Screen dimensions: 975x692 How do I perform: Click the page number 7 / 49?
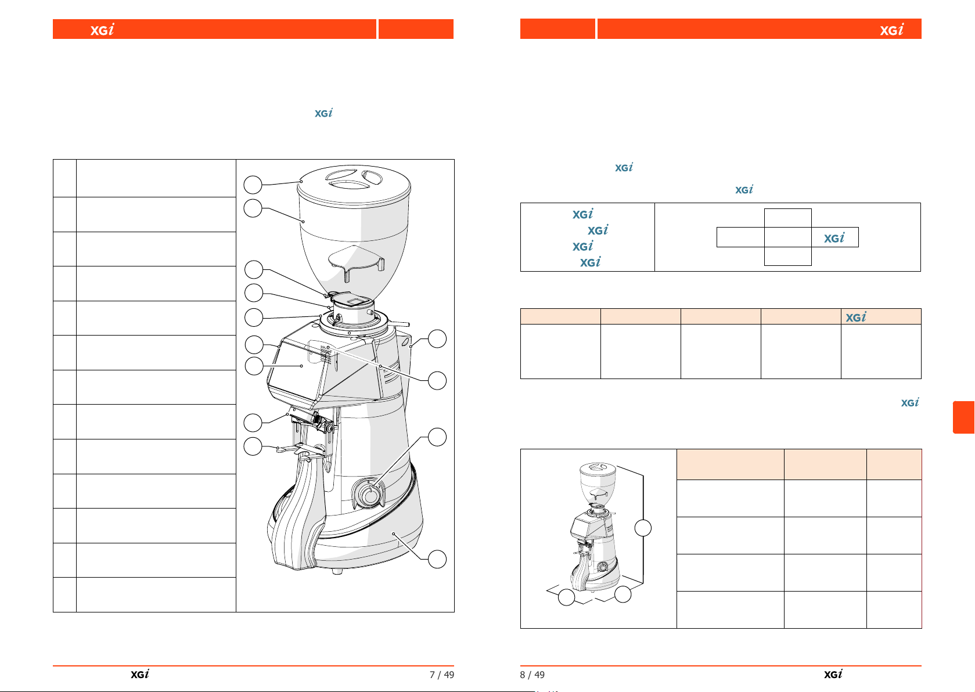click(441, 675)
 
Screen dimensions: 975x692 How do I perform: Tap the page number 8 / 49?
click(532, 675)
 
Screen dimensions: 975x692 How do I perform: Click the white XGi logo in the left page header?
click(102, 29)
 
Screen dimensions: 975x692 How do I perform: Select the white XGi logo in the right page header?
click(891, 29)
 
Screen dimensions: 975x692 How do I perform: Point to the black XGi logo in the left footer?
click(140, 674)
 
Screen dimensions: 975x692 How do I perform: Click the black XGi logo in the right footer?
click(833, 674)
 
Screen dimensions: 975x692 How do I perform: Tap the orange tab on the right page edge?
click(964, 417)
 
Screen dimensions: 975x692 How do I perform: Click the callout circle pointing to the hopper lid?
click(253, 185)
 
